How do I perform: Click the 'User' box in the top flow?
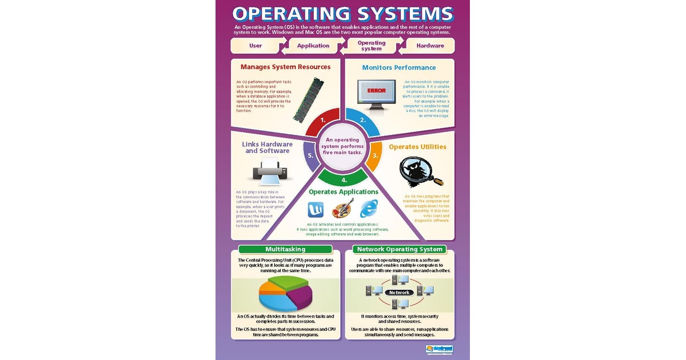click(256, 46)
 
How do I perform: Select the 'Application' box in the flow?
click(313, 46)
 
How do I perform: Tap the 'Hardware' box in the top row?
click(430, 46)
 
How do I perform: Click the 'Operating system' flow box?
click(372, 46)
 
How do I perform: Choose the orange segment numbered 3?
click(374, 155)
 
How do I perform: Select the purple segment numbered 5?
click(310, 155)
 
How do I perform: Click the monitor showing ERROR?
click(376, 94)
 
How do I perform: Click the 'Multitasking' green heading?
click(285, 250)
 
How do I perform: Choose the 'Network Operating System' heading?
click(399, 250)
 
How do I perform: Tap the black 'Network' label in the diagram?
click(399, 293)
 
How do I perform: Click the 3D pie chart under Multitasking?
click(285, 293)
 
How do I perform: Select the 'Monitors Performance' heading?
click(398, 67)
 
